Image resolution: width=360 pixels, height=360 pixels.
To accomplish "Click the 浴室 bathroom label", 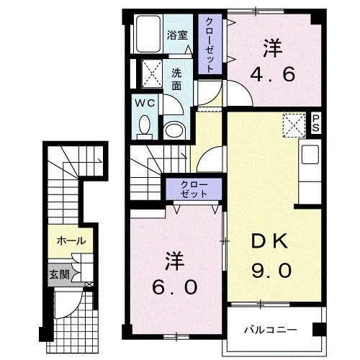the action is click(x=177, y=35).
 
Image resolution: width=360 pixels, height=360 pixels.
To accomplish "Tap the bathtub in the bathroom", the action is click(x=148, y=34).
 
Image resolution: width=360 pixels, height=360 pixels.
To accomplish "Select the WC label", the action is click(x=145, y=104).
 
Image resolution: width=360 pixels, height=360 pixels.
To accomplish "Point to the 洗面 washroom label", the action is click(x=176, y=79).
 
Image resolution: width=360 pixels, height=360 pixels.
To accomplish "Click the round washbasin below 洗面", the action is click(x=175, y=131).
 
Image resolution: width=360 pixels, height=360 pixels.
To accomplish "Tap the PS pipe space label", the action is click(x=315, y=123).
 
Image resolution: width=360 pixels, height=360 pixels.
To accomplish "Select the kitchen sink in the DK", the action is click(x=310, y=155).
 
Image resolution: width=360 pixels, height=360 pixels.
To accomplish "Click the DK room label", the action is click(x=269, y=240).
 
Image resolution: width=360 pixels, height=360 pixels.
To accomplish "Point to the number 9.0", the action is click(x=271, y=270).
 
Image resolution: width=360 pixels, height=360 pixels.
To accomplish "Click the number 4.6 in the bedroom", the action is click(x=273, y=74).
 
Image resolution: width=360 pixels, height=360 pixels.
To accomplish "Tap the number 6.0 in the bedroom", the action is click(x=175, y=287).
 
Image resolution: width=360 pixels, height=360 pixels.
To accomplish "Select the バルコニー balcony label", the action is click(x=271, y=330).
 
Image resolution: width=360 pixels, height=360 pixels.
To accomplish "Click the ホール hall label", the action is click(x=71, y=240).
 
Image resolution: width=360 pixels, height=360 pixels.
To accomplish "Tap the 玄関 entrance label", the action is click(x=59, y=274).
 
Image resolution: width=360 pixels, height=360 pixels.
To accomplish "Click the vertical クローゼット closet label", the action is click(x=210, y=45).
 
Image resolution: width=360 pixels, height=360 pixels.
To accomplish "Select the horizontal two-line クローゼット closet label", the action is click(x=194, y=189).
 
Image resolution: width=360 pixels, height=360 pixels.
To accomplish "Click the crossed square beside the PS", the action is click(x=294, y=125).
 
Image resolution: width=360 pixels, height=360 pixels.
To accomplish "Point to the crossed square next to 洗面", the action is click(x=153, y=73).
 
